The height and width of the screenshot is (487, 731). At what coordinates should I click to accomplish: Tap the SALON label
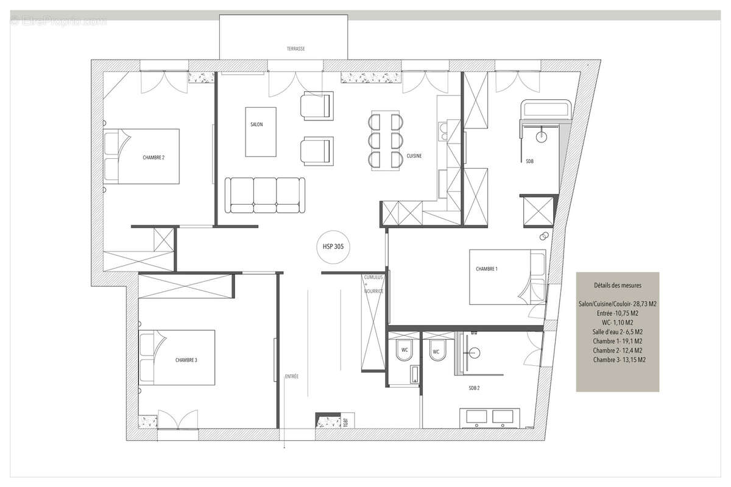256,124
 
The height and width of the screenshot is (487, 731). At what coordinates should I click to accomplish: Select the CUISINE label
414,156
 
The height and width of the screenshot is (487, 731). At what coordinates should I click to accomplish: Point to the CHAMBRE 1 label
487,269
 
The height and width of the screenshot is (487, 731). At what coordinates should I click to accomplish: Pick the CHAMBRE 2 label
154,157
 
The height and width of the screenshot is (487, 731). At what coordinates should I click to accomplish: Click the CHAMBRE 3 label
186,360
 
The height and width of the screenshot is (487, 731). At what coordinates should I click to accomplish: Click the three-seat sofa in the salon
265,195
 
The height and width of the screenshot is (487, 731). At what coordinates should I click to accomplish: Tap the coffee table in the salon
260,131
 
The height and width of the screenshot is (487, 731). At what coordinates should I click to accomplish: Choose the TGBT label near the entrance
345,422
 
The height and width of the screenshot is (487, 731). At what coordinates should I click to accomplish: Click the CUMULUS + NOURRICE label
373,284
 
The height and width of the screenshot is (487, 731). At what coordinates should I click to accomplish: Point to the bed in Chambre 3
177,357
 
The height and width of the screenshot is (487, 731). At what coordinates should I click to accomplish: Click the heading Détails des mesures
617,285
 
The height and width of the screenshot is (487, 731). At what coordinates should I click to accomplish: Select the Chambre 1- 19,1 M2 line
617,342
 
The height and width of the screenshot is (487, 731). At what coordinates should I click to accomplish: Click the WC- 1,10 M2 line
617,322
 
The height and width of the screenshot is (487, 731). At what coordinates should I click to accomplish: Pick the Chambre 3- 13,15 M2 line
617,360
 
